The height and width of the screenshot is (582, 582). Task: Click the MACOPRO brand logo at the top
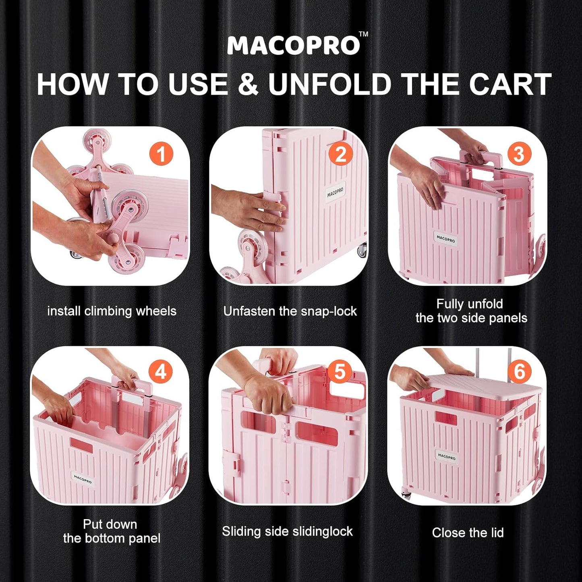pyautogui.click(x=293, y=45)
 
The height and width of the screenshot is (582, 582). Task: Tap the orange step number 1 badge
pyautogui.click(x=161, y=154)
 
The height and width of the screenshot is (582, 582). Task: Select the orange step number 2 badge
pyautogui.click(x=340, y=154)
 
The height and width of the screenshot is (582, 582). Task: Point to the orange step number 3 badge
pyautogui.click(x=519, y=154)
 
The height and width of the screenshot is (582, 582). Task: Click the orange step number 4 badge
pyautogui.click(x=161, y=372)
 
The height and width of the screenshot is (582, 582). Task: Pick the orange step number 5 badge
pyautogui.click(x=340, y=372)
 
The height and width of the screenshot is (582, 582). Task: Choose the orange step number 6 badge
pyautogui.click(x=519, y=372)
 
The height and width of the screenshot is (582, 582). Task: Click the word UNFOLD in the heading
pyautogui.click(x=330, y=84)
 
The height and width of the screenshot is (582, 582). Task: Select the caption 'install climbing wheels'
pyautogui.click(x=112, y=311)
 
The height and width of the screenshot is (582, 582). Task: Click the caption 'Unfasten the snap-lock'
pyautogui.click(x=290, y=311)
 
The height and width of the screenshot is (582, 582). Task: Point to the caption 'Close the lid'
pyautogui.click(x=468, y=532)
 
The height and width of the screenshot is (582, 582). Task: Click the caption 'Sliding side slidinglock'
pyautogui.click(x=287, y=531)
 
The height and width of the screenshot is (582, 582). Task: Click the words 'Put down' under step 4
pyautogui.click(x=110, y=524)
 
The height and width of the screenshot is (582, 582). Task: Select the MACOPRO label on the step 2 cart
pyautogui.click(x=335, y=192)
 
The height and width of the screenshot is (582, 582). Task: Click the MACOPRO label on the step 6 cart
pyautogui.click(x=446, y=457)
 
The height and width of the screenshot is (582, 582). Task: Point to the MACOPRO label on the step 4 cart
pyautogui.click(x=83, y=479)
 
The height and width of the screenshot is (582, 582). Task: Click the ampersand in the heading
pyautogui.click(x=248, y=84)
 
